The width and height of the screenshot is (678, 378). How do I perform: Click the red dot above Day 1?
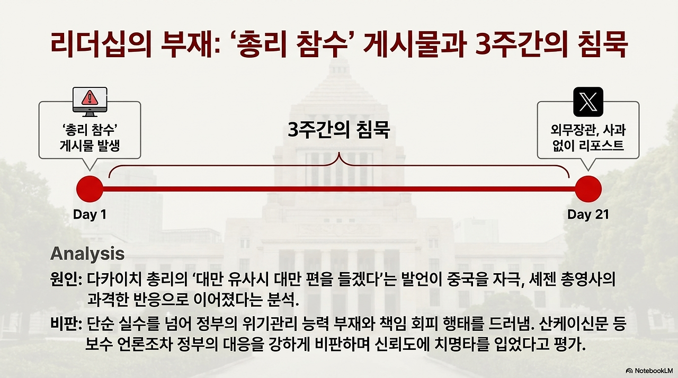(90, 188)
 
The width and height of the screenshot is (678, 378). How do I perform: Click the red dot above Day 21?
(588, 188)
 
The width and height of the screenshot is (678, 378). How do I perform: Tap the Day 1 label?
(90, 214)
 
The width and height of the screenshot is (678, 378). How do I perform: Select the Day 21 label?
(588, 214)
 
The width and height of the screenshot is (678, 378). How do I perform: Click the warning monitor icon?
(90, 102)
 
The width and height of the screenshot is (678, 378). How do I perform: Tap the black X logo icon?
(588, 102)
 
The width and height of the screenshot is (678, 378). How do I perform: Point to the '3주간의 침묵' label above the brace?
(338, 130)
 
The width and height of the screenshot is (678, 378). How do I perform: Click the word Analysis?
(87, 254)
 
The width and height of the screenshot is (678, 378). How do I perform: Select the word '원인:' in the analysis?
(66, 280)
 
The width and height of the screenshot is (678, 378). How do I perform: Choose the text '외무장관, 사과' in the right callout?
(588, 131)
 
